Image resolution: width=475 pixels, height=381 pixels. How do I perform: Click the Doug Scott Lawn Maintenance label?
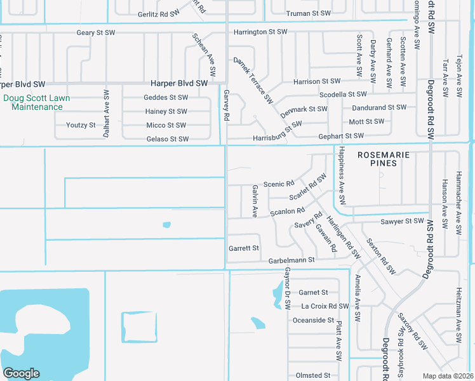tap(37, 102)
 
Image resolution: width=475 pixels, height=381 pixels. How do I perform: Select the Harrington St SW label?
tap(261, 31)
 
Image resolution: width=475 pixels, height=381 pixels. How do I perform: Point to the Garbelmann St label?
tap(291, 260)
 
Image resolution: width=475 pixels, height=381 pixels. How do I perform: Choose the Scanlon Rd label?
tap(288, 211)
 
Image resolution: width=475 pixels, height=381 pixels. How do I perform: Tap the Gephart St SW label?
tap(341, 136)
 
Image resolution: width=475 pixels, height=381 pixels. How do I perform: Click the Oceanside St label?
tap(313, 320)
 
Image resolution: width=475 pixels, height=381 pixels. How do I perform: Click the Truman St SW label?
tap(309, 13)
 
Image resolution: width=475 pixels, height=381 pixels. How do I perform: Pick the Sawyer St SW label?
tap(402, 221)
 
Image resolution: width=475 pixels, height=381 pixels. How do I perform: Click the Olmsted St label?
tap(313, 376)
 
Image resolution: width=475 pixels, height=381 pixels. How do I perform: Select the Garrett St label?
tap(244, 248)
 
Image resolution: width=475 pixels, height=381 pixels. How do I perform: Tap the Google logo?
tap(20, 373)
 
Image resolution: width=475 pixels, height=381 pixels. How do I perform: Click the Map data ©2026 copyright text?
tap(447, 376)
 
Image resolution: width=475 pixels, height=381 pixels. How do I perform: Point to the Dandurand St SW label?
tap(379, 107)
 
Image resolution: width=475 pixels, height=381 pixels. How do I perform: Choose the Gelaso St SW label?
tap(168, 139)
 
